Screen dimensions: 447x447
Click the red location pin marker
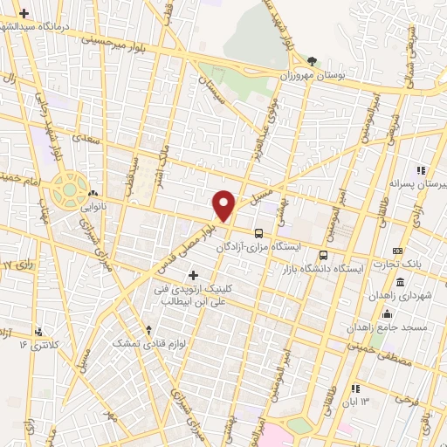pyautogui.click(x=224, y=204)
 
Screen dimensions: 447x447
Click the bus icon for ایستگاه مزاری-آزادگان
pyautogui.click(x=258, y=234)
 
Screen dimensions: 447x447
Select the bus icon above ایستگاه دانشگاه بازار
pyautogui.click(x=324, y=255)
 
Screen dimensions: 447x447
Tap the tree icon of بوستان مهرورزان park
pyautogui.click(x=313, y=61)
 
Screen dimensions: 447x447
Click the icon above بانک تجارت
pyautogui.click(x=399, y=251)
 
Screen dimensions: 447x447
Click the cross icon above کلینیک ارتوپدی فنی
pyautogui.click(x=193, y=275)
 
